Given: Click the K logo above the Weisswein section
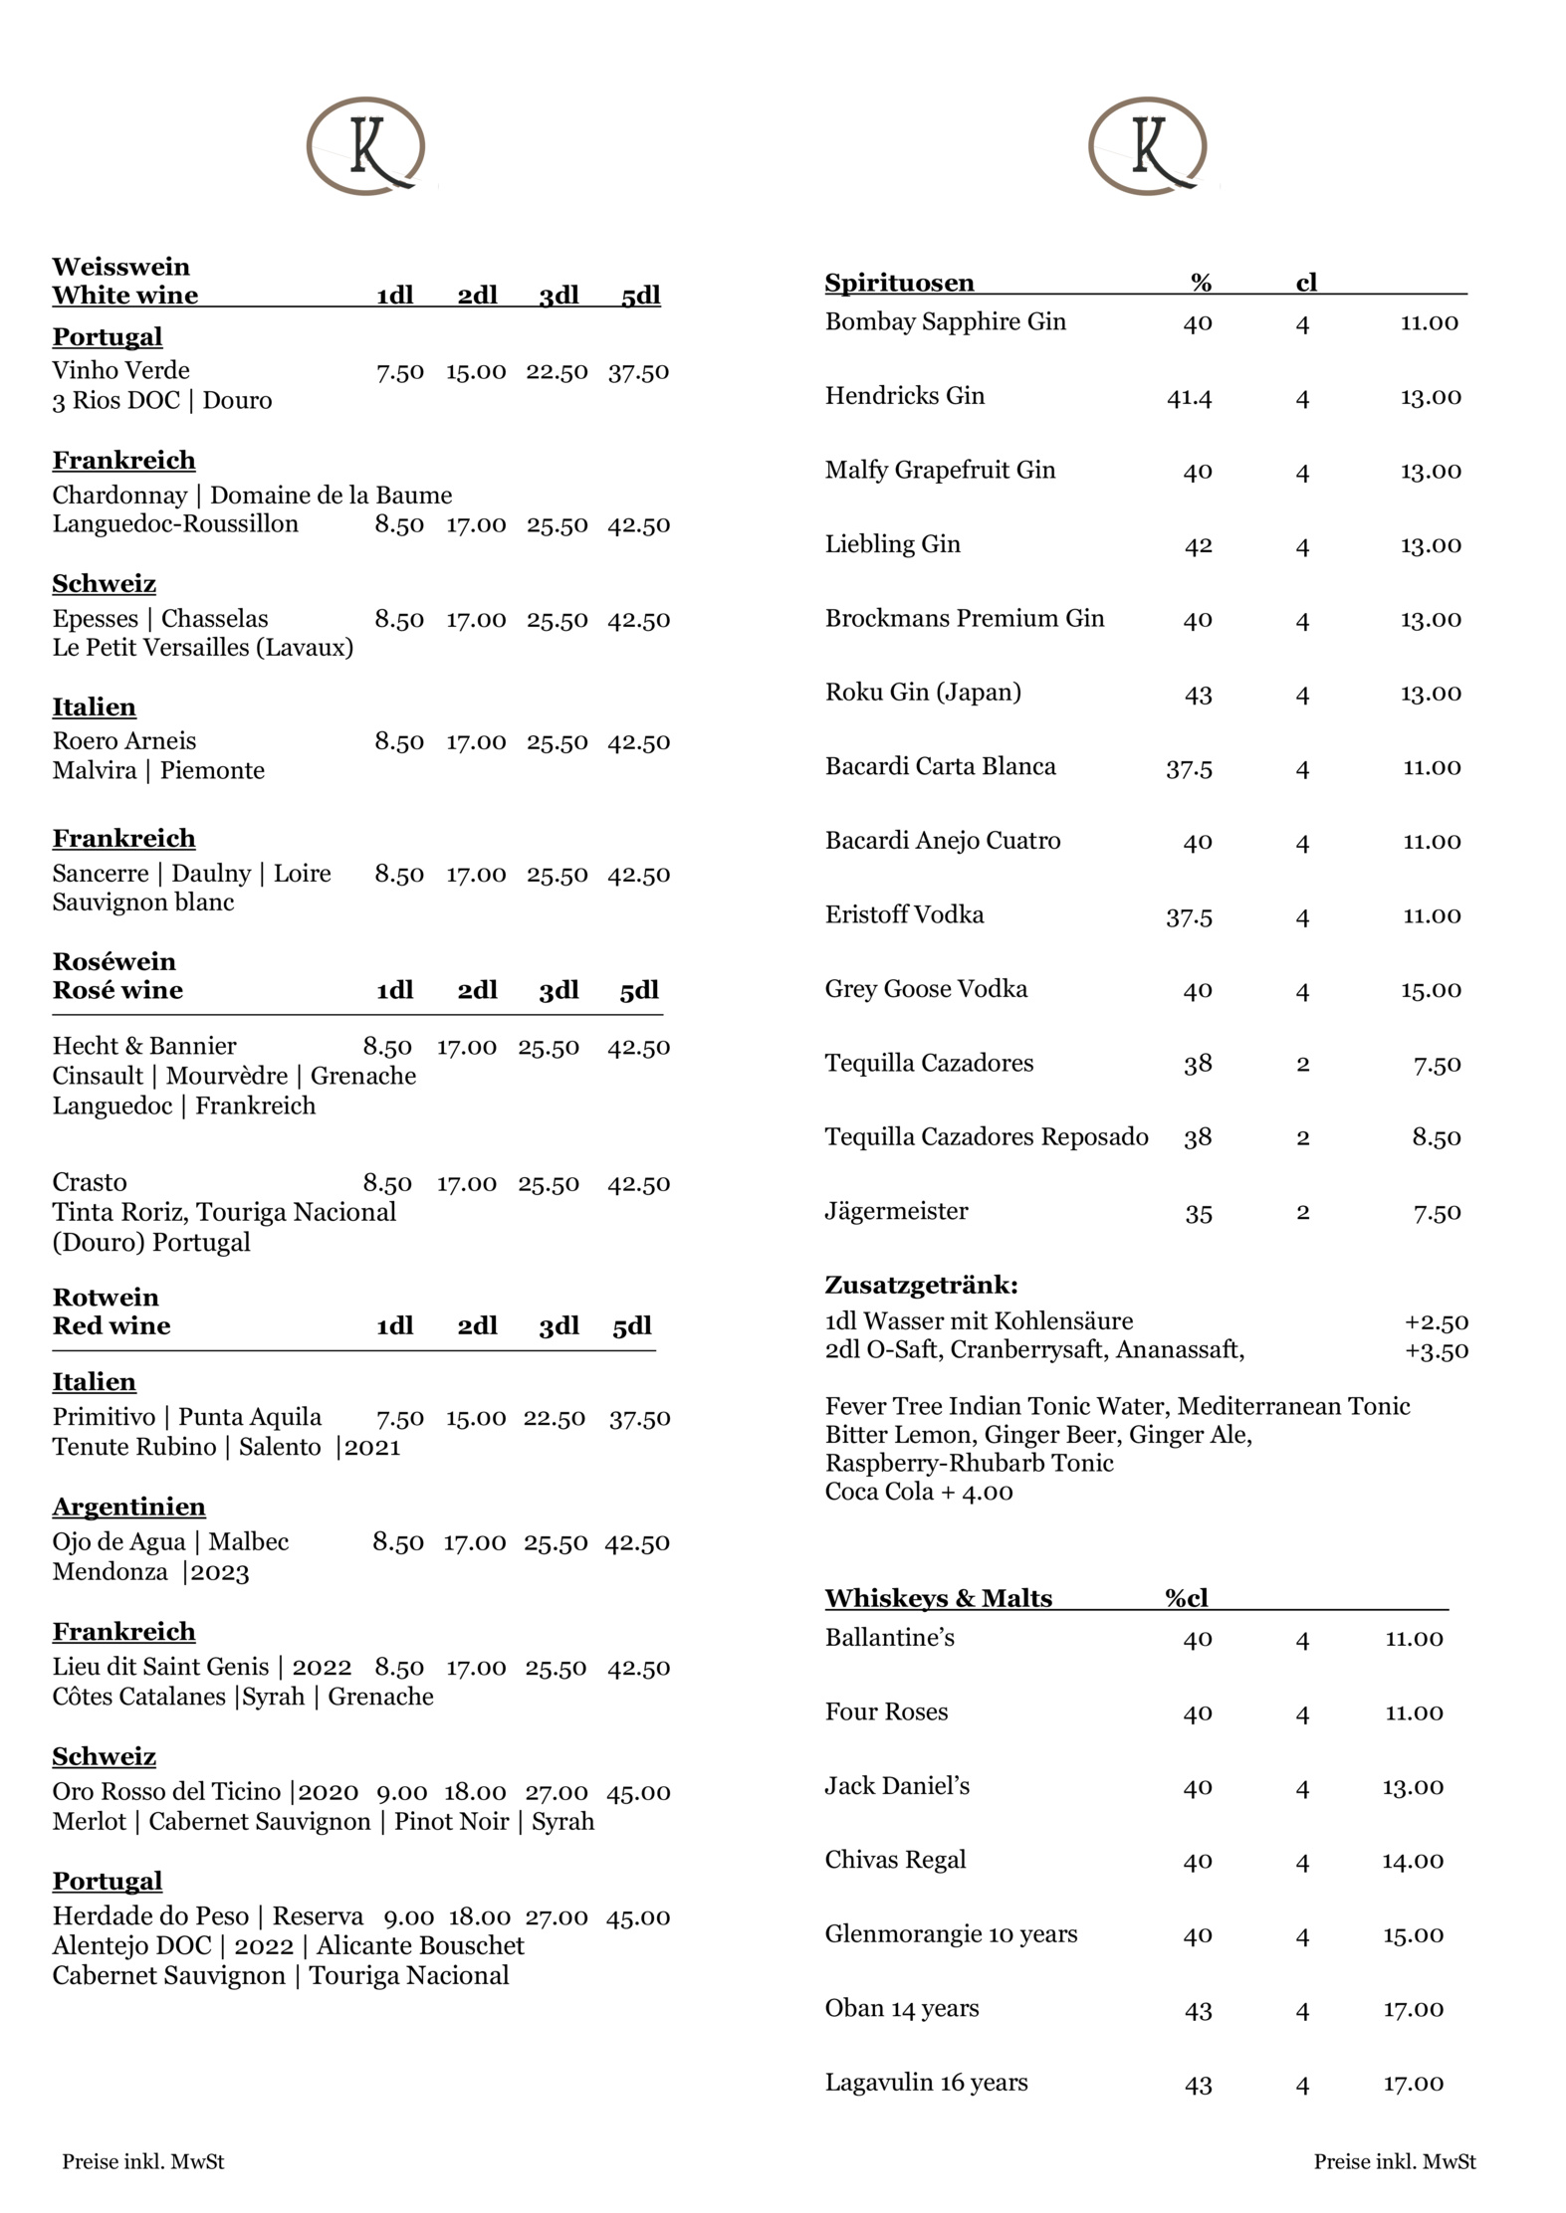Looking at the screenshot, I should coord(365,146).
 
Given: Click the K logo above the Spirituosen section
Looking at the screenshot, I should coord(1148,146).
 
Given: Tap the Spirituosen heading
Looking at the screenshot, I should coord(899,283).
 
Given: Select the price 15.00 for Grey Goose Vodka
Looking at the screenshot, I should coord(1432,989).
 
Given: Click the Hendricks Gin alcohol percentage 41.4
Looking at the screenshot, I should coord(1189,397).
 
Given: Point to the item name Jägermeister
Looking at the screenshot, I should coord(896,1211).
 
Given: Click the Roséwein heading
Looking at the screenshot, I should coord(113,961).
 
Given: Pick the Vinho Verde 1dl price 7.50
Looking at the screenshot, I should coord(400,372).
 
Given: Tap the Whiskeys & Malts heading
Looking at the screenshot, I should coord(938,1598).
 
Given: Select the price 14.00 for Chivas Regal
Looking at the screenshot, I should coord(1412,1861).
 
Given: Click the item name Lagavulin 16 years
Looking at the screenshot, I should coord(926,2083).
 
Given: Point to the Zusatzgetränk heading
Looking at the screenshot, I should coord(921,1285).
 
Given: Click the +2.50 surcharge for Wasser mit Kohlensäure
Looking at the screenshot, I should coord(1436,1321).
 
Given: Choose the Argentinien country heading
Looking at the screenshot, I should coord(128,1507).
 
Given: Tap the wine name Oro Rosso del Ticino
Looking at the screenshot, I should coord(167,1792).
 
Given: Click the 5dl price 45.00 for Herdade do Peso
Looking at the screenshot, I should coord(637,1917).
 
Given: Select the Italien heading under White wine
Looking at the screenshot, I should coord(94,706).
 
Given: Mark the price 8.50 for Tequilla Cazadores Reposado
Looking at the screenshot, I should coord(1436,1137).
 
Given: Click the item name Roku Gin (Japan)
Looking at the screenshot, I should coord(923,692).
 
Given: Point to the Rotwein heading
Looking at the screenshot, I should coord(106,1297).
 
